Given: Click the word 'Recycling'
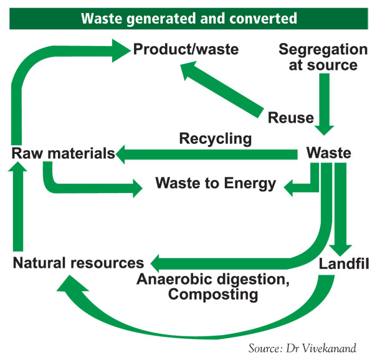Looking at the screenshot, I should (215, 138).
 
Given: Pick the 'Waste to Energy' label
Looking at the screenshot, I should (215, 183).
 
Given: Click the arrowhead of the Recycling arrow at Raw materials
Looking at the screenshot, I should (125, 153).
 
